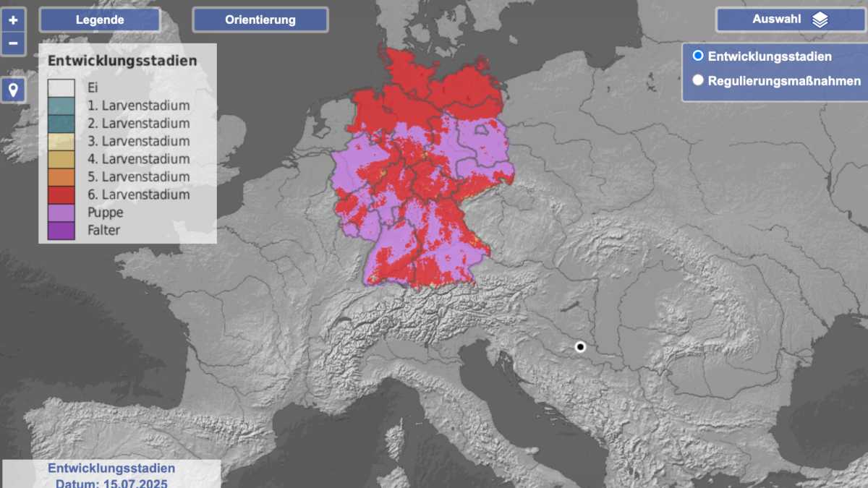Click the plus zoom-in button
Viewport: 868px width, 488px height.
(x=13, y=20)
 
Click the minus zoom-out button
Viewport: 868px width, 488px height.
(x=13, y=43)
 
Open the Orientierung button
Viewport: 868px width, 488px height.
(x=260, y=20)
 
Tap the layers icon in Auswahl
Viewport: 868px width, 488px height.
(x=820, y=20)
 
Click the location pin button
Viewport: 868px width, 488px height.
(x=13, y=90)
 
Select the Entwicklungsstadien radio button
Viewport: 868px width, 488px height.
(x=698, y=56)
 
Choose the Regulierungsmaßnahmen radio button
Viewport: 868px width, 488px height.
(x=698, y=80)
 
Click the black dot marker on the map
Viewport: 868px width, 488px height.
(x=580, y=347)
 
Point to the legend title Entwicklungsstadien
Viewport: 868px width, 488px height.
(x=122, y=61)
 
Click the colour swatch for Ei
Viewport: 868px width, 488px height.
(x=61, y=88)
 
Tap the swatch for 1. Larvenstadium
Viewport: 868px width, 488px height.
(x=61, y=106)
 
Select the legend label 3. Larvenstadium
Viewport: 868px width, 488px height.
(x=145, y=142)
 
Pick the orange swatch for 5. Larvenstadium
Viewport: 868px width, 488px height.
(x=61, y=177)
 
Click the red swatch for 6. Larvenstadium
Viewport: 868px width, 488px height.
(x=61, y=195)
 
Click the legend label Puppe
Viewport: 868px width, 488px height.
(x=105, y=213)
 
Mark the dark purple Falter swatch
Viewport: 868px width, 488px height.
(x=61, y=231)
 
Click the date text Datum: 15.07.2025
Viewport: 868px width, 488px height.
(x=111, y=482)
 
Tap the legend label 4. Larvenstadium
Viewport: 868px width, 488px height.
(x=145, y=159)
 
